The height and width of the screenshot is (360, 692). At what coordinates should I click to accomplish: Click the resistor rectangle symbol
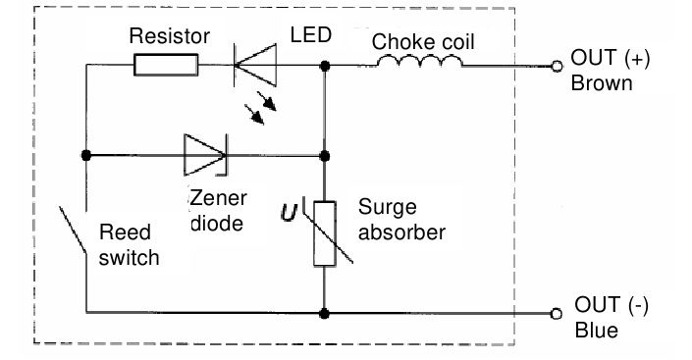(166, 67)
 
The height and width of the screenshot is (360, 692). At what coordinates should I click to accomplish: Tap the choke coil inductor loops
(417, 63)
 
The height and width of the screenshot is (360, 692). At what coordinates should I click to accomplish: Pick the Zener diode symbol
(205, 154)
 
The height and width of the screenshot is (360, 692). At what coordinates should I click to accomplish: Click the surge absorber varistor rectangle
(325, 232)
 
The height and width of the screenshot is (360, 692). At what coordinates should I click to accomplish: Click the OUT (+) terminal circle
(557, 67)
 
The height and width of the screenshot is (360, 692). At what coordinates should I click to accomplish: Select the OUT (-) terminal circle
(557, 314)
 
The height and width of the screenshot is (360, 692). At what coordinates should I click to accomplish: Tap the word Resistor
(170, 37)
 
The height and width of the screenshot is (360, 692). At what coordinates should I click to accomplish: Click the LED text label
(311, 36)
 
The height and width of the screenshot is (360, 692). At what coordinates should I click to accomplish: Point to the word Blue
(596, 331)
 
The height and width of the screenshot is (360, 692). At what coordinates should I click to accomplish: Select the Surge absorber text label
(401, 221)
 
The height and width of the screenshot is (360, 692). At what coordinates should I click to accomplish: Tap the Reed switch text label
(130, 245)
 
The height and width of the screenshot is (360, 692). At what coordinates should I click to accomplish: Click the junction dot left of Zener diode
(86, 154)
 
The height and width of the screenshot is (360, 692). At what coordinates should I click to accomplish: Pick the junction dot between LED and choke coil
(325, 67)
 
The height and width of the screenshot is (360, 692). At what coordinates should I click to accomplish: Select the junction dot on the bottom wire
(325, 313)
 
